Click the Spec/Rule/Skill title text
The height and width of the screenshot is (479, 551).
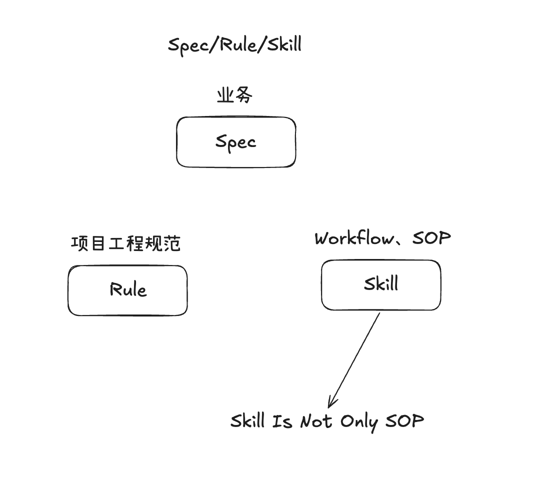pyautogui.click(x=234, y=45)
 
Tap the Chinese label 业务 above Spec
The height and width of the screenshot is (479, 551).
pyautogui.click(x=234, y=95)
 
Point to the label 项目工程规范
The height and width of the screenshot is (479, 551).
pyautogui.click(x=126, y=243)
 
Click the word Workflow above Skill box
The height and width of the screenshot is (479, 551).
pyautogui.click(x=354, y=238)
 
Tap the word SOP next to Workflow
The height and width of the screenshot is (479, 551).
pyautogui.click(x=432, y=238)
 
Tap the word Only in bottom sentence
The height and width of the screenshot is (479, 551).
pyautogui.click(x=359, y=421)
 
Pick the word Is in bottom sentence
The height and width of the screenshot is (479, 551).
pyautogui.click(x=282, y=421)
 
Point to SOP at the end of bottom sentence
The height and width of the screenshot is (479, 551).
pyautogui.click(x=404, y=421)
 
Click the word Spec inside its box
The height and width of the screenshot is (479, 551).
pyautogui.click(x=236, y=141)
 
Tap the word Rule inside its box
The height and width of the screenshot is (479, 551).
pyautogui.click(x=128, y=289)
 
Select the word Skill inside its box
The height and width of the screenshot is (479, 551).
pyautogui.click(x=381, y=284)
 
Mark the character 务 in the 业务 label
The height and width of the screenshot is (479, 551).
pyautogui.click(x=243, y=95)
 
